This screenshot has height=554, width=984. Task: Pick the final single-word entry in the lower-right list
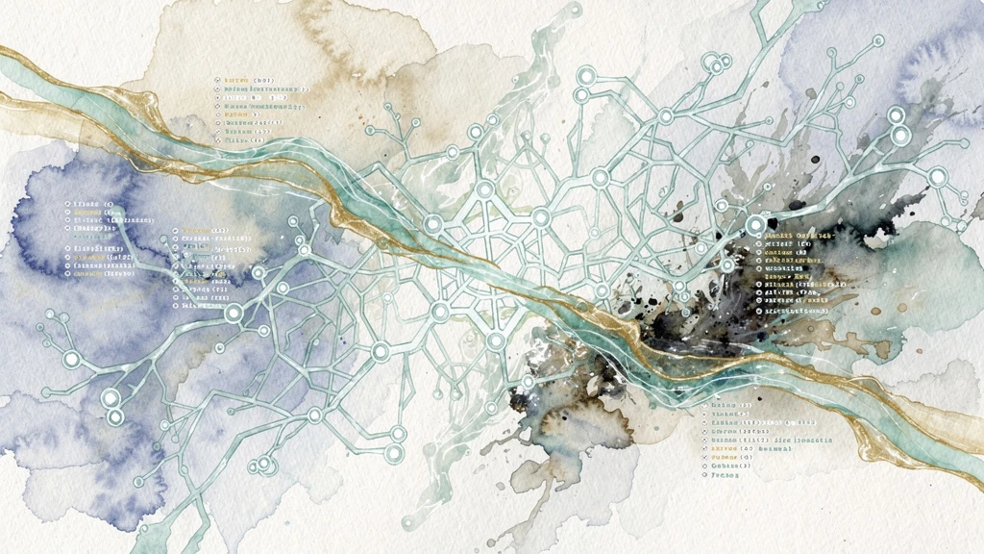click(730, 475)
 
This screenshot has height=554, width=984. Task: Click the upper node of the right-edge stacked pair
click(897, 116)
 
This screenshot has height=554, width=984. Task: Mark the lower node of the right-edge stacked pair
click(900, 137)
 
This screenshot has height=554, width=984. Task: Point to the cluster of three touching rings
click(716, 65)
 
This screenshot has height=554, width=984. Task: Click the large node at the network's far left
click(71, 359)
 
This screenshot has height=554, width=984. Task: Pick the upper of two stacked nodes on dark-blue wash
click(111, 397)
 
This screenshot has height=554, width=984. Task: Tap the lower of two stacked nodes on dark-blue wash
click(115, 416)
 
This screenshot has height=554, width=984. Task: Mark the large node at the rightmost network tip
click(936, 177)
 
